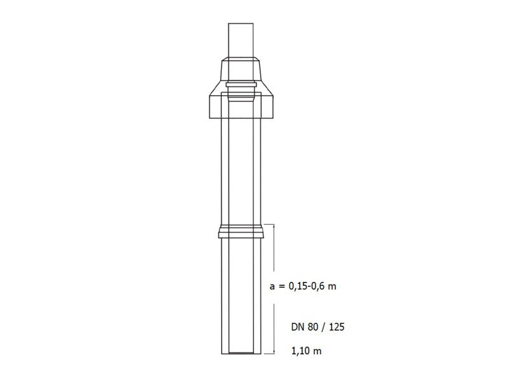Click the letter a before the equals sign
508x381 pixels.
[x=272, y=287]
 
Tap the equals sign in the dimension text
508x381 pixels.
[x=281, y=287]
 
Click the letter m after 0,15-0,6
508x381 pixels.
[x=332, y=287]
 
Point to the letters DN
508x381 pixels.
[x=297, y=327]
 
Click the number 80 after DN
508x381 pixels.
[x=312, y=327]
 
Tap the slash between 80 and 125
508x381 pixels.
[x=323, y=327]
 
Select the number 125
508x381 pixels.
[x=337, y=327]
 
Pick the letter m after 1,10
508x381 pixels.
[x=317, y=352]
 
